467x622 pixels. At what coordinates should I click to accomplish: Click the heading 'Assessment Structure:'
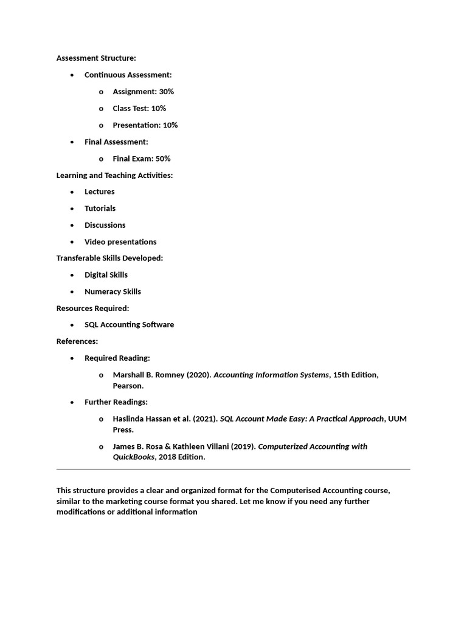coord(96,58)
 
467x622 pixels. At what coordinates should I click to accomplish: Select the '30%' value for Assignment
coord(167,92)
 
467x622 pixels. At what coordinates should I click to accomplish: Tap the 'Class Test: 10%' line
coord(139,108)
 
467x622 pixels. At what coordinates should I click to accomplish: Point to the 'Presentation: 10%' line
coord(145,125)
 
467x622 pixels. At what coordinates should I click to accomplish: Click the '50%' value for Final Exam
coord(163,159)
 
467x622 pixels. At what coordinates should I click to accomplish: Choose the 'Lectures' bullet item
coord(100,191)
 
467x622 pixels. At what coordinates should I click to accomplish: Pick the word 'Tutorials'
coord(100,208)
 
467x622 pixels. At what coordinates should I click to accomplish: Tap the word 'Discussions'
coord(105,225)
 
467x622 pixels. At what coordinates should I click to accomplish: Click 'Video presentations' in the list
coord(120,242)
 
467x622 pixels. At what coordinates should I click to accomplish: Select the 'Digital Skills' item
coord(106,275)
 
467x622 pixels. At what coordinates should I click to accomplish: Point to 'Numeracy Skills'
coord(112,292)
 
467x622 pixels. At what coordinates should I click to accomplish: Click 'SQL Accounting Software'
coord(130,324)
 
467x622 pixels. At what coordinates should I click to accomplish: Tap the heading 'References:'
coord(77,341)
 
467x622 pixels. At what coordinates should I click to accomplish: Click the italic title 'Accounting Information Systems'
coord(271,375)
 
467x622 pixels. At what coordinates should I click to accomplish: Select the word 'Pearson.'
coord(128,386)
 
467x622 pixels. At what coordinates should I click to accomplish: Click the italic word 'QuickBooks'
coord(133,457)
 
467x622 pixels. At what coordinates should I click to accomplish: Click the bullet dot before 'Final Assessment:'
coord(72,142)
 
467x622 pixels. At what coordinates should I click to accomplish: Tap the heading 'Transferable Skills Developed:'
coord(109,258)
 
